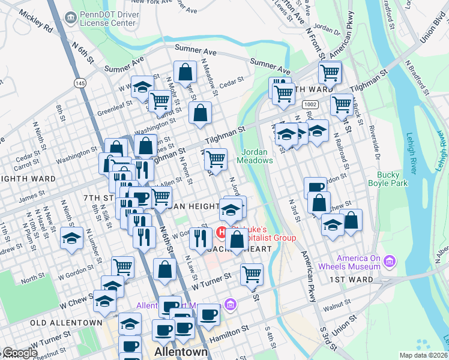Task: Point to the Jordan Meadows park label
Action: (x=258, y=156)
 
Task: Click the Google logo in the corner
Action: (x=19, y=353)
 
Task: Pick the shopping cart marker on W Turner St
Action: (x=252, y=274)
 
